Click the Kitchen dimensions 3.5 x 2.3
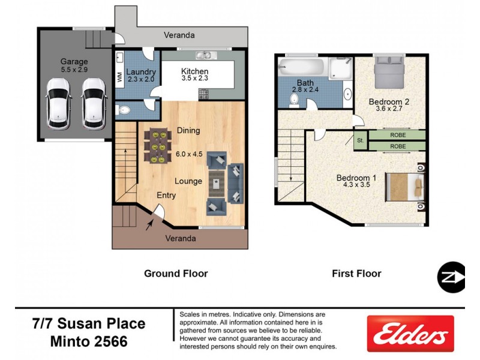click(195, 78)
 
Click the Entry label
click(166, 196)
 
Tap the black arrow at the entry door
click(149, 224)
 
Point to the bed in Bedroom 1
click(405, 185)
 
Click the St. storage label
click(360, 141)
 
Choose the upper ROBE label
click(397, 135)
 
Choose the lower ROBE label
click(397, 146)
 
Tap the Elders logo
click(412, 335)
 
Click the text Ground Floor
click(176, 274)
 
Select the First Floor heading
click(356, 274)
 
